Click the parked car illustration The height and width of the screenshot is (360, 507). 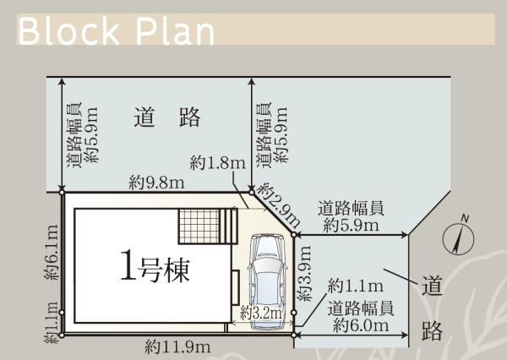pos(267,281)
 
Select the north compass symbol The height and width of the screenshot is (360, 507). pos(459,238)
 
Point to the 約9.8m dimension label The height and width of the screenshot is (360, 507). pos(156,183)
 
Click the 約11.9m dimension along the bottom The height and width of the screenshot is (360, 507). pos(177,347)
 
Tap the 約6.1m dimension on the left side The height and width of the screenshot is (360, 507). pos(52,252)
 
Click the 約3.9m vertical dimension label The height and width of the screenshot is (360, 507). pos(304,273)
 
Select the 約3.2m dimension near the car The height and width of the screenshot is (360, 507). pos(261,313)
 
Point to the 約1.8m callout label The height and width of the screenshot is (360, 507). pos(218,163)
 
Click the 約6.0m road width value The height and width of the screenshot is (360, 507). pos(361,325)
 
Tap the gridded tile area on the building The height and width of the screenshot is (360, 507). pos(199,226)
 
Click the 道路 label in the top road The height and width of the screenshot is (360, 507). pos(167,117)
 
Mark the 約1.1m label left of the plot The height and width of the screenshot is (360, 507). pos(52,323)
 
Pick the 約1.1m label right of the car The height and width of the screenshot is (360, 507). pos(356,286)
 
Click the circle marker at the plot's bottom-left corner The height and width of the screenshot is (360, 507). pos(62,335)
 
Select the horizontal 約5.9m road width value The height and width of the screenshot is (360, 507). pos(352,225)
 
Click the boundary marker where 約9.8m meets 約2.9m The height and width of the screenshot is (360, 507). pos(252,193)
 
